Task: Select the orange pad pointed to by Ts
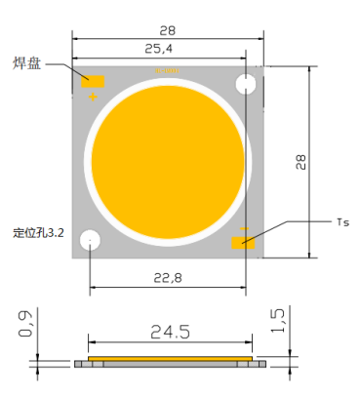pyautogui.click(x=242, y=242)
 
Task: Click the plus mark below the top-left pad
pyautogui.click(x=94, y=97)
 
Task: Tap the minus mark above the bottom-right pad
pyautogui.click(x=244, y=229)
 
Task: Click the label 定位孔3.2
pyautogui.click(x=38, y=234)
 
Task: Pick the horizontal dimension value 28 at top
pyautogui.click(x=167, y=31)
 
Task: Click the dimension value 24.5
pyautogui.click(x=170, y=332)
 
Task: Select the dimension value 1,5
pyautogui.click(x=279, y=320)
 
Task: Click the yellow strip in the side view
pyautogui.click(x=171, y=358)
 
